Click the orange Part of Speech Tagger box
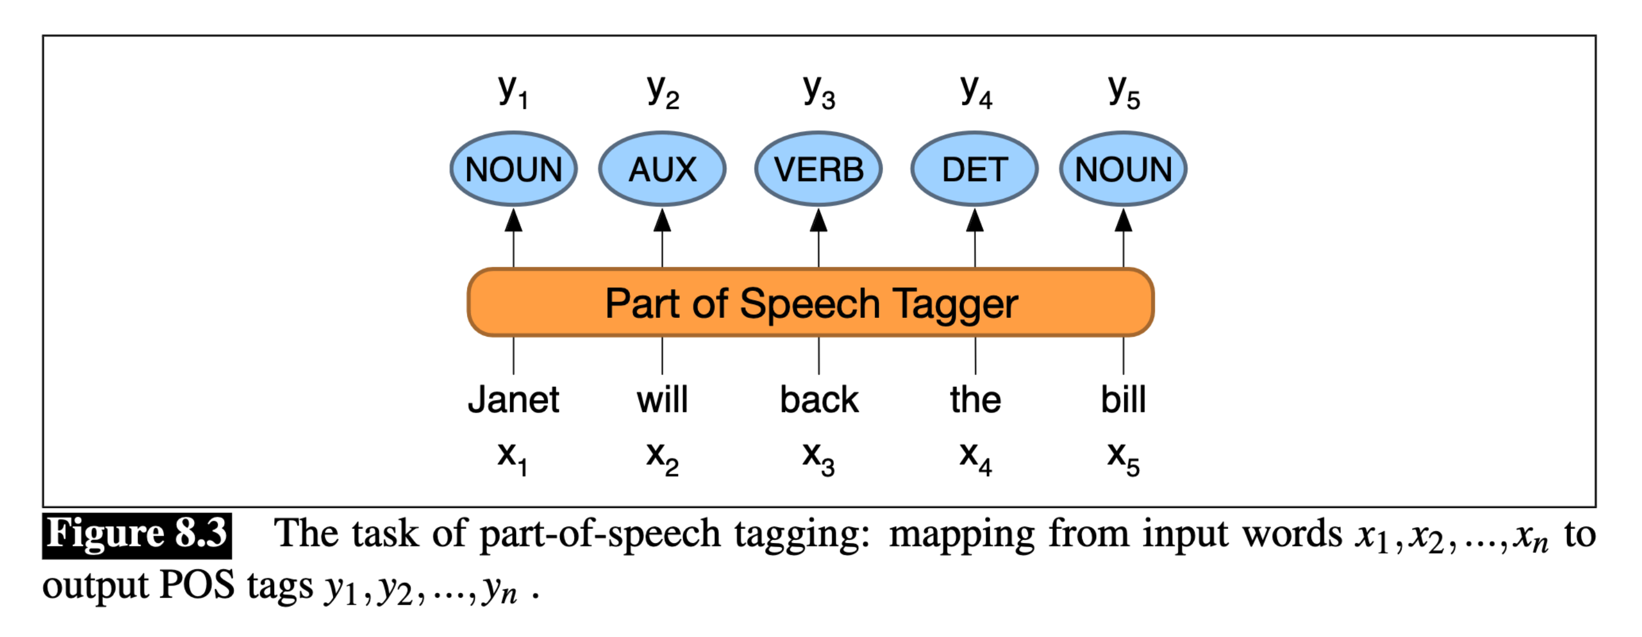tap(810, 303)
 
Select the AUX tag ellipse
tap(662, 169)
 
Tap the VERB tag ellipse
tap(819, 169)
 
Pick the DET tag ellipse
tap(974, 169)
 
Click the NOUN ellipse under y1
tap(514, 169)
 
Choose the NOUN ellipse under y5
tap(1123, 169)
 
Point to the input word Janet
tap(514, 400)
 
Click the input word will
tap(662, 400)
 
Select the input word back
tap(819, 400)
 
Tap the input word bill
tap(1123, 400)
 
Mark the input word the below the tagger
tap(975, 400)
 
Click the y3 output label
tap(819, 92)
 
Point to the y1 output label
tap(513, 92)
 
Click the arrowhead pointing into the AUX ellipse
tap(662, 220)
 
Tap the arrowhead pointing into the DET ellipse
tap(974, 220)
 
